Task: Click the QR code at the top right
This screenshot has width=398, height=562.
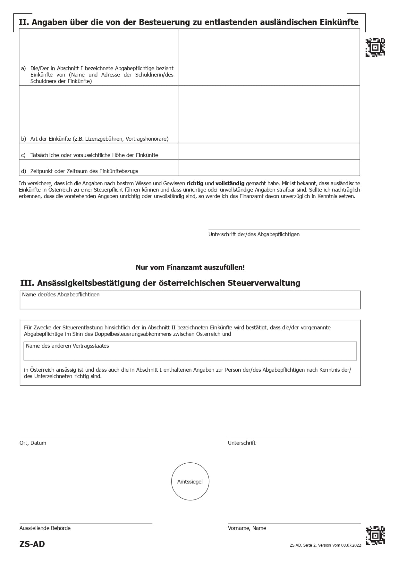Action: pos(375,47)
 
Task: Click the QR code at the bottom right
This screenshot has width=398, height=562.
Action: pos(375,535)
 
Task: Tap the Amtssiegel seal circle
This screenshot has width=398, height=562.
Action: pos(190,481)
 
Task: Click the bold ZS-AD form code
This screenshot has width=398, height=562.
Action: pos(32,544)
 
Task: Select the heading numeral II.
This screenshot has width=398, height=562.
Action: pos(24,22)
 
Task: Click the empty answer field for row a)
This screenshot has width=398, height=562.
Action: pos(269,57)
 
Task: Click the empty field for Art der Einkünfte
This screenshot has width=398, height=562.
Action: pos(269,114)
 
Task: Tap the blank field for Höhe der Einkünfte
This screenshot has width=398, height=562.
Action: pos(269,151)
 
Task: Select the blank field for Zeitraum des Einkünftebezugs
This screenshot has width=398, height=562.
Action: pos(269,168)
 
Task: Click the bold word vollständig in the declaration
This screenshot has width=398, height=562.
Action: pos(230,183)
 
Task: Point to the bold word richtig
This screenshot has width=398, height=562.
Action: pos(195,183)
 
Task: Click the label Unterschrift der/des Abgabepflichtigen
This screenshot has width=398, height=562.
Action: pos(254,234)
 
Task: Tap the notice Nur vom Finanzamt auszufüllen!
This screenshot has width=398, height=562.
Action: pos(190,267)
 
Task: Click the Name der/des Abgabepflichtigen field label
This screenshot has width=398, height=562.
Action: pos(61,294)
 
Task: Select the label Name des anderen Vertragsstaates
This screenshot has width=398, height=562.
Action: pos(67,346)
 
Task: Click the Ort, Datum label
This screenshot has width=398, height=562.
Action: pos(33,443)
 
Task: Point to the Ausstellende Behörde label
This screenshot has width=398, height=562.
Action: pos(45,528)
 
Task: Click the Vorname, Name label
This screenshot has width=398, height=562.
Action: pos(247,528)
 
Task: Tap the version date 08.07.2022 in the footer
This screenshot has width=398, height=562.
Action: pos(351,545)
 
